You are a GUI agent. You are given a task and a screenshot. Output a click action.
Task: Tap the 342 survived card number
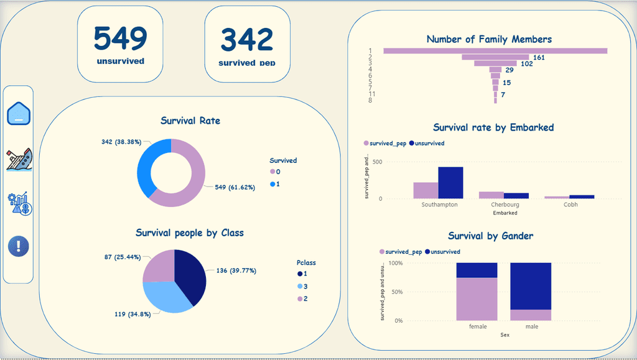248,40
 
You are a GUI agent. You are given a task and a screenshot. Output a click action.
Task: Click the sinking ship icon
19,159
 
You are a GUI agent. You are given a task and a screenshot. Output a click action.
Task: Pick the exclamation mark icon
19,246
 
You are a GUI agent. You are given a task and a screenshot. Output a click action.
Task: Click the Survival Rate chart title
190,121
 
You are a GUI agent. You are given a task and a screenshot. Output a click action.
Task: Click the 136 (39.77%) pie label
236,270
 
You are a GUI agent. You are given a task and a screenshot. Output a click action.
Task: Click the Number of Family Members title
489,39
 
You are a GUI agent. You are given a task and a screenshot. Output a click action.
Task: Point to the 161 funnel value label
539,57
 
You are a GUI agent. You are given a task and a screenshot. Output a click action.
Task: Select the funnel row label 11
370,94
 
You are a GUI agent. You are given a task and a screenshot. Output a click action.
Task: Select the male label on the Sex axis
531,326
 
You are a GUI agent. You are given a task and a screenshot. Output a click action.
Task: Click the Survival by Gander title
490,236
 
